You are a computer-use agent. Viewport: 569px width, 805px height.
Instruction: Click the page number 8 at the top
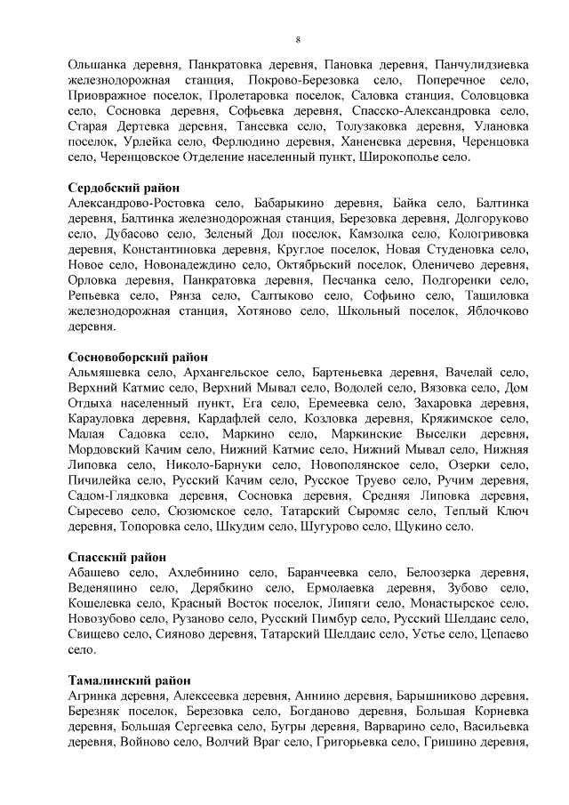tap(299, 40)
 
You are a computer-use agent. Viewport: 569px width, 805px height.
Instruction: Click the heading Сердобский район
tap(124, 188)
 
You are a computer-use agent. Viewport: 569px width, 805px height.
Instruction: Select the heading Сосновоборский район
tap(136, 358)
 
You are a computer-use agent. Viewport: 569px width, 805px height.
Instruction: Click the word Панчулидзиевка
tap(481, 65)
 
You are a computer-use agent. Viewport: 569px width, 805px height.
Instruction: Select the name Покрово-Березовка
tap(307, 81)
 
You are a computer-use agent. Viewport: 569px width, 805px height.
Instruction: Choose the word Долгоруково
tap(492, 219)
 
